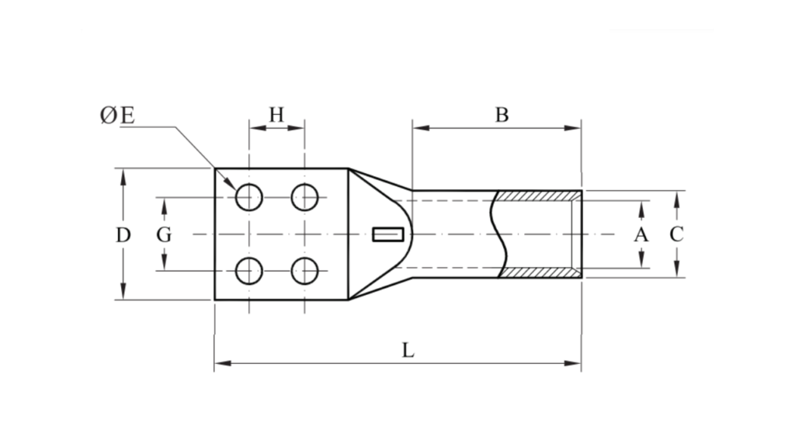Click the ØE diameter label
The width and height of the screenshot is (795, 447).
click(x=117, y=116)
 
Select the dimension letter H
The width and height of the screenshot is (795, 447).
click(x=276, y=115)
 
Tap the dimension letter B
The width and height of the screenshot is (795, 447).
click(x=502, y=115)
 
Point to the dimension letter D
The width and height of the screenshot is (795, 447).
click(x=123, y=234)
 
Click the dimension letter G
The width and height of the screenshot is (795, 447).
click(x=164, y=234)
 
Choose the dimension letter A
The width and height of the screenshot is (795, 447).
click(x=641, y=234)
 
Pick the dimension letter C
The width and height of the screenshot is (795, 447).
click(x=676, y=234)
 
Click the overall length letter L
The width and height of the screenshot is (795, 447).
click(x=408, y=350)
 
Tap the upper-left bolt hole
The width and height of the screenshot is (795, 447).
click(x=249, y=197)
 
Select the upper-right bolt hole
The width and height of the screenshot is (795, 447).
click(x=304, y=197)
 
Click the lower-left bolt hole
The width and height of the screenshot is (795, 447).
click(x=249, y=271)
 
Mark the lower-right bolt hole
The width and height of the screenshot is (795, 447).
click(x=304, y=271)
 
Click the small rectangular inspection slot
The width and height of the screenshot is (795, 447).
click(x=388, y=234)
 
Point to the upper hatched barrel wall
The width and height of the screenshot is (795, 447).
click(x=537, y=196)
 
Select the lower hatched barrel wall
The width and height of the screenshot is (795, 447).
click(x=537, y=273)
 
